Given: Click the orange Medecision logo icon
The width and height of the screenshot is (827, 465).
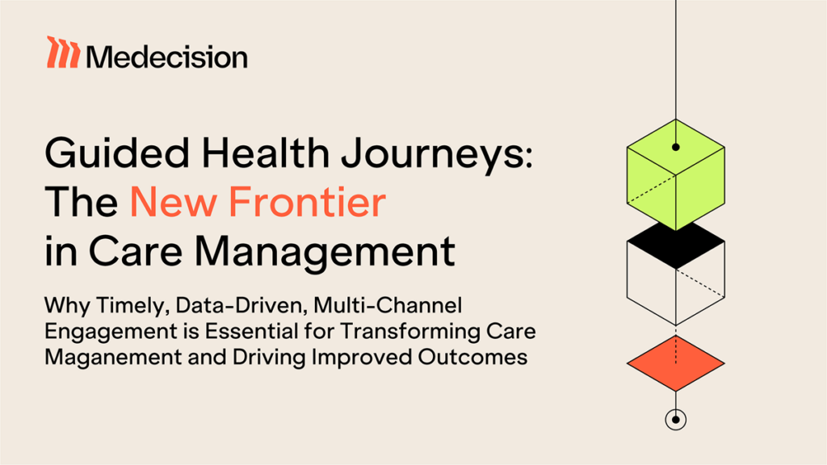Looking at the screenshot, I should [62, 52].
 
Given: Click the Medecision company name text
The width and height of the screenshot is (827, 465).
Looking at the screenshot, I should [166, 57].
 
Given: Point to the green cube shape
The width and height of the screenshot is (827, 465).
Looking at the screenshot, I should [675, 174].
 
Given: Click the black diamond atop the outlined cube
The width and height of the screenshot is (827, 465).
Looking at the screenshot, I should [675, 245].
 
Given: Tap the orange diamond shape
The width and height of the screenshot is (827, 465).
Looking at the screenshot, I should [675, 362].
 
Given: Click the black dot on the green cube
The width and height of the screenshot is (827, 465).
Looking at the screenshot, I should [675, 147].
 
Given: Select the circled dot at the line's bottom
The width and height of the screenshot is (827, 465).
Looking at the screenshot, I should [675, 419].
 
